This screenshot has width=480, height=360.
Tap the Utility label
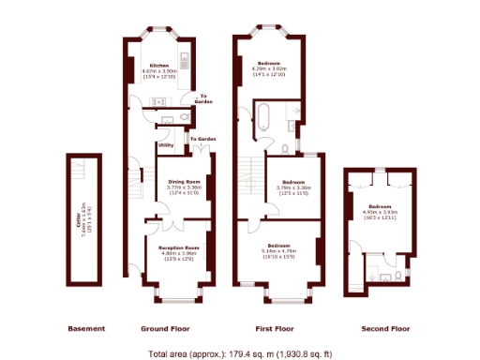coord(165,146)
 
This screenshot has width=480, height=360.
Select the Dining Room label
coord(185,181)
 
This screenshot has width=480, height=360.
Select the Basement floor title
coord(86,329)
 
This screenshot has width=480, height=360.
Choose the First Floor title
coord(276,329)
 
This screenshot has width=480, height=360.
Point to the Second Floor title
coord(386,329)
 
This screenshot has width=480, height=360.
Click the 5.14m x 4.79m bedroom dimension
coord(277,252)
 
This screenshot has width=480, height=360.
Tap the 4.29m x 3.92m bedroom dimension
coord(268,68)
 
